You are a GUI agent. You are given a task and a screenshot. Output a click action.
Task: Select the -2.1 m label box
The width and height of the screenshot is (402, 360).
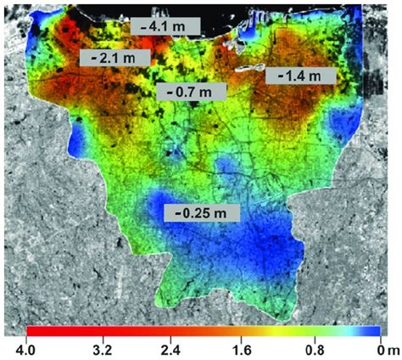113,58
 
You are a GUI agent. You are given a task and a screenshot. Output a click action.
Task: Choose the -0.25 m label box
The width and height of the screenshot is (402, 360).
202,211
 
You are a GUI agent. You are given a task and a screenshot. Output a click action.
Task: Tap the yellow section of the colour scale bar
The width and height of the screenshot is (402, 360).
254,331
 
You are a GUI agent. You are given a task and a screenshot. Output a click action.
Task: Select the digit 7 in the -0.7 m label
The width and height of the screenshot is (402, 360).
192,91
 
